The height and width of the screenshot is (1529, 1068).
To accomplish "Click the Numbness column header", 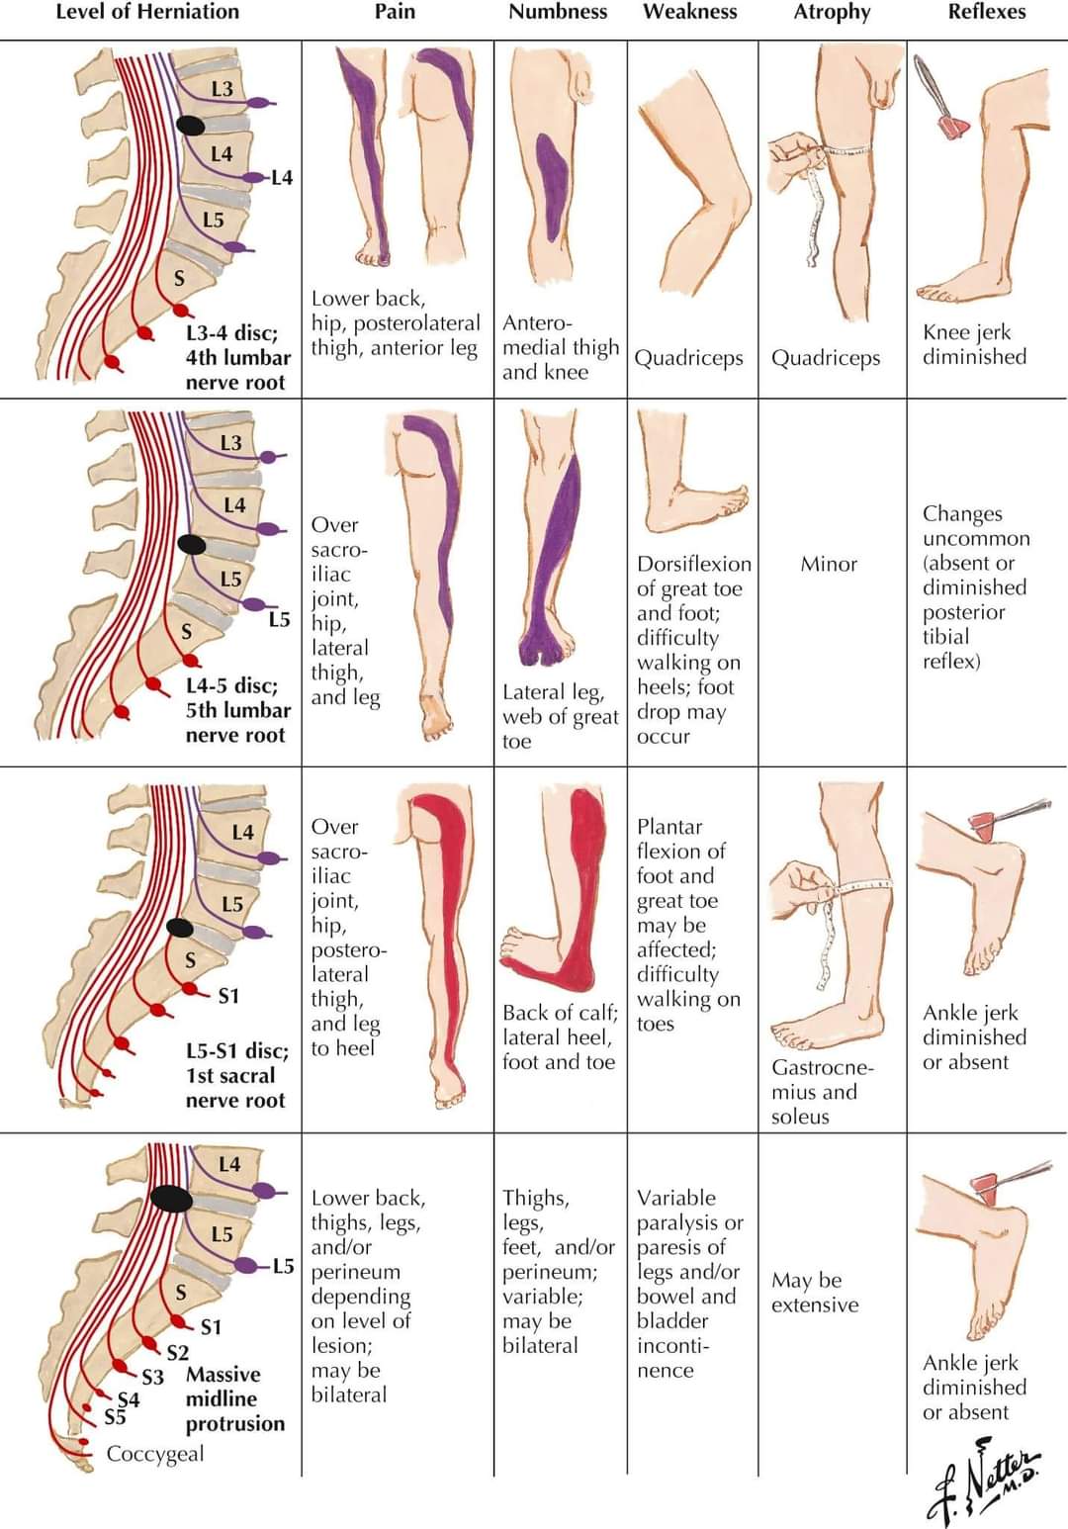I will point(558,13).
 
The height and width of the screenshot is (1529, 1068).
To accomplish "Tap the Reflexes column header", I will point(986,13).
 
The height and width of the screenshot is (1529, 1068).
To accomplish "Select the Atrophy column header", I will point(832,13).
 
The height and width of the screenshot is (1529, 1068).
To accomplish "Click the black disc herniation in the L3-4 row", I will point(191,126).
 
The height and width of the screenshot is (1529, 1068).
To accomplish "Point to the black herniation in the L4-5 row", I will point(192,545).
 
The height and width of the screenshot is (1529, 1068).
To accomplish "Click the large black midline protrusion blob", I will point(172,1199).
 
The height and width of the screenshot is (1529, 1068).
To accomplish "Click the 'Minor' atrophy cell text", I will point(829,564).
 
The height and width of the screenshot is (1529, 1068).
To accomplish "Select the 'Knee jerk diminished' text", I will point(974,344).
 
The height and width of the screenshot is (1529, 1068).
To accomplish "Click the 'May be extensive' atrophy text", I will point(815,1293).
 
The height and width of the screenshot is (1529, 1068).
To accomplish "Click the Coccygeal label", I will point(155,1454).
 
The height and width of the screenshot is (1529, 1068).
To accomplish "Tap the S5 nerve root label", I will point(116,1417).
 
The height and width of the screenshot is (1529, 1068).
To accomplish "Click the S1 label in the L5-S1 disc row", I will point(228,996).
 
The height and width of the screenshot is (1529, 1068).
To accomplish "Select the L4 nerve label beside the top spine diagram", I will point(282,178).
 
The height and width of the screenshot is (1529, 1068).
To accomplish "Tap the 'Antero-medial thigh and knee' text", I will point(559,347).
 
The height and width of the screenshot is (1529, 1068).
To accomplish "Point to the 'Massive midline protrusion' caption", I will point(234,1398).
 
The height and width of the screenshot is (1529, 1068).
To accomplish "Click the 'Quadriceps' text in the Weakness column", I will point(688,358).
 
